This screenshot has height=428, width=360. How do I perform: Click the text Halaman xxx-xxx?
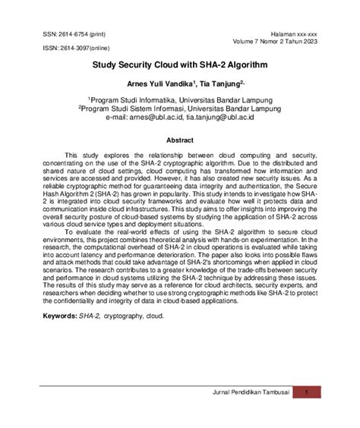pyautogui.click(x=299, y=34)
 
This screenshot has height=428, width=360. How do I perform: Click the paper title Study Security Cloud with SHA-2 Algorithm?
pyautogui.click(x=179, y=66)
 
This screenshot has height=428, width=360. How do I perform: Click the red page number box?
pyautogui.click(x=305, y=413)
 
